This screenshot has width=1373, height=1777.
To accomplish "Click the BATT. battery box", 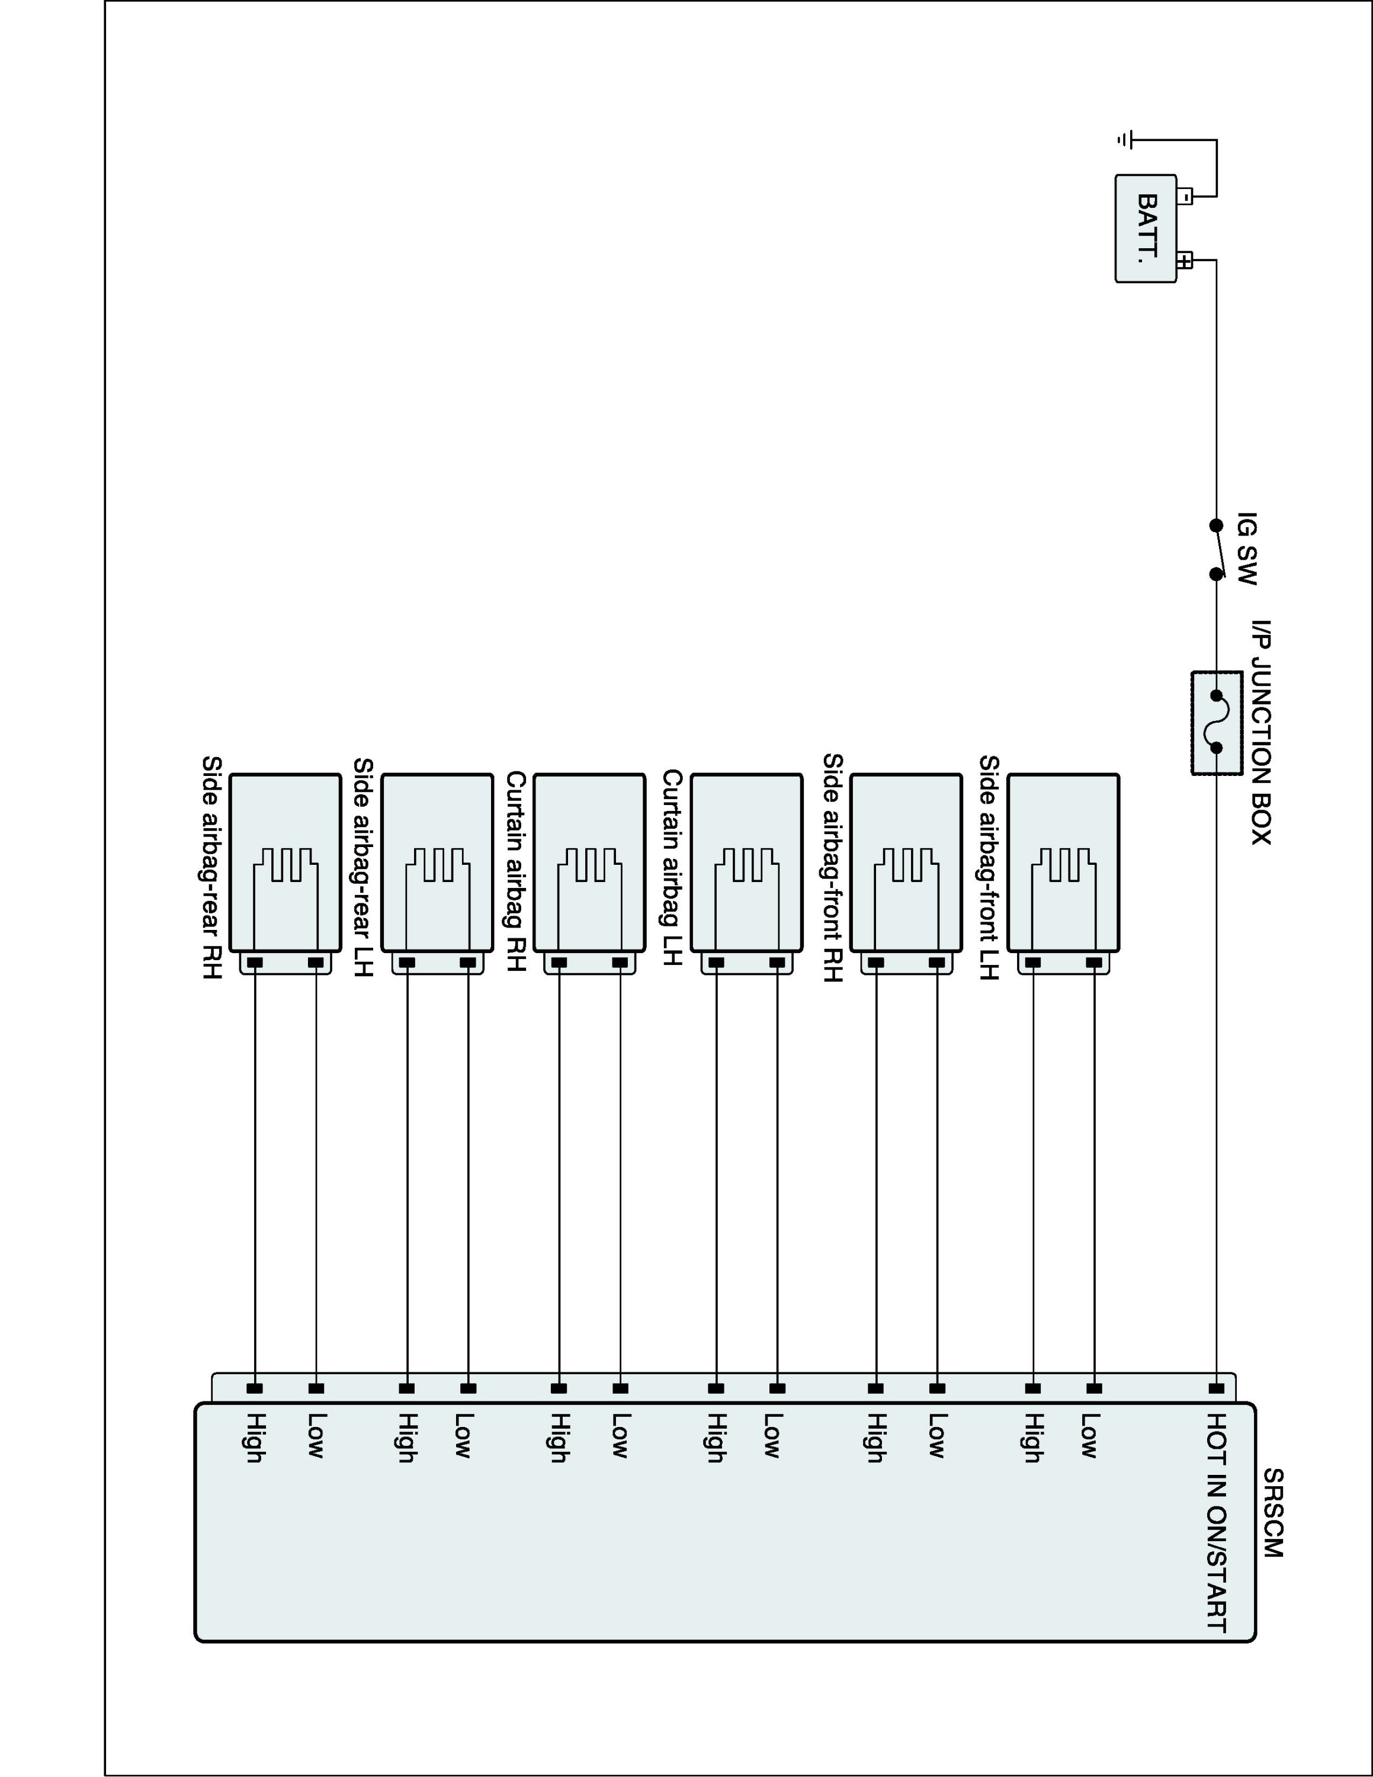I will (1145, 229).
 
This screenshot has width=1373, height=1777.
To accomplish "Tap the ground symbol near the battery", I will (1124, 140).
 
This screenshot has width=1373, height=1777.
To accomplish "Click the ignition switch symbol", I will (1217, 550).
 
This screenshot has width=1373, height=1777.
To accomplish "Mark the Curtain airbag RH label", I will (517, 871).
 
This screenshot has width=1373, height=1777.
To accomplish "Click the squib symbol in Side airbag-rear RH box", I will (285, 866).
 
